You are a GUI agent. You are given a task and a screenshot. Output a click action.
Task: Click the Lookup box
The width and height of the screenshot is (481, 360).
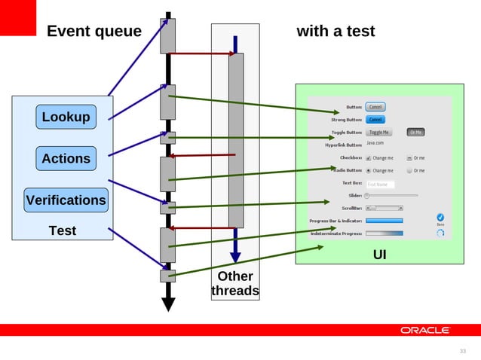pos(66,117)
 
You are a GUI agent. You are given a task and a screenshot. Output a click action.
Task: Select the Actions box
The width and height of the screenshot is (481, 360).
pos(66,158)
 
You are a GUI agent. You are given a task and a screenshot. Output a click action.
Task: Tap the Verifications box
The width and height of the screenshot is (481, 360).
pos(66,200)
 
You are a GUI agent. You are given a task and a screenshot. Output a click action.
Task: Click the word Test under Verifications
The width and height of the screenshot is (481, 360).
pos(63,230)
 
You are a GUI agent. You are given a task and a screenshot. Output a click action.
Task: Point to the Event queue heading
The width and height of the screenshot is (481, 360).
pos(94,31)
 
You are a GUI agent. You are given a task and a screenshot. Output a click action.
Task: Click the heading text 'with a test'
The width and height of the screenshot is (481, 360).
pos(335,31)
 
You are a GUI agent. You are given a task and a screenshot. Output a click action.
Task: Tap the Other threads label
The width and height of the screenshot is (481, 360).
pos(235,283)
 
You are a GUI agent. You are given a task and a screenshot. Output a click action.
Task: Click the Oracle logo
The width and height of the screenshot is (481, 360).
pos(425,330)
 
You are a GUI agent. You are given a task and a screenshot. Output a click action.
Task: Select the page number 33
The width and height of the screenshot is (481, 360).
pos(463,351)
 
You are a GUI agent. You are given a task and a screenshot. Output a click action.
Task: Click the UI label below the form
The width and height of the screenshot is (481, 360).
pos(380,255)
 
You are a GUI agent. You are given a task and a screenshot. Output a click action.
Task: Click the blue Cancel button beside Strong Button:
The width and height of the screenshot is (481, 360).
pos(375,119)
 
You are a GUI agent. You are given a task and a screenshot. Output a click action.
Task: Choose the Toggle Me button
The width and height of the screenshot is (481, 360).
pos(379,132)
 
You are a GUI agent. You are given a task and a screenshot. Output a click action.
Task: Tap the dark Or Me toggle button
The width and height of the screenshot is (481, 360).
pos(415,132)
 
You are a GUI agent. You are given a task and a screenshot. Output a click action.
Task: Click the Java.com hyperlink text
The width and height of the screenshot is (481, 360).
pos(375,142)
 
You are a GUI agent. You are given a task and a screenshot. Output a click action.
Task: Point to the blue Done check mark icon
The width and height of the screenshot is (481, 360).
pos(440,218)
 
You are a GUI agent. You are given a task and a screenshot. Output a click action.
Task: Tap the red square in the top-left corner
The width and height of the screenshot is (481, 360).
pos(18,17)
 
